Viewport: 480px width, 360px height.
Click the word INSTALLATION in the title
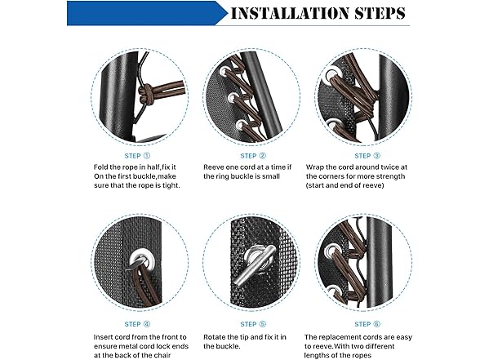[x=289, y=13]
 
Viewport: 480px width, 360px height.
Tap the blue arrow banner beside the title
[x=147, y=13]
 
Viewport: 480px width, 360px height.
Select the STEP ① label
[x=137, y=156]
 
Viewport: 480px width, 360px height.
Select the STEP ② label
[x=253, y=156]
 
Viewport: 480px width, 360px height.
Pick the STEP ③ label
[x=367, y=156]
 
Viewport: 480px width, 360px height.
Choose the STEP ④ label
[x=137, y=324]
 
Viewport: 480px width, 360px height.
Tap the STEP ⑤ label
[x=253, y=324]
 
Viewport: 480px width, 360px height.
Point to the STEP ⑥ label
[x=367, y=324]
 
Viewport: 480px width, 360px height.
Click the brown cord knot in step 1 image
[x=144, y=95]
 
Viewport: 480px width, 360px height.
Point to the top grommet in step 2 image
[x=224, y=71]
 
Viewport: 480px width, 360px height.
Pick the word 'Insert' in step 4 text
[x=103, y=337]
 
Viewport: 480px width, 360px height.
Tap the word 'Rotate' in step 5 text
[x=215, y=337]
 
